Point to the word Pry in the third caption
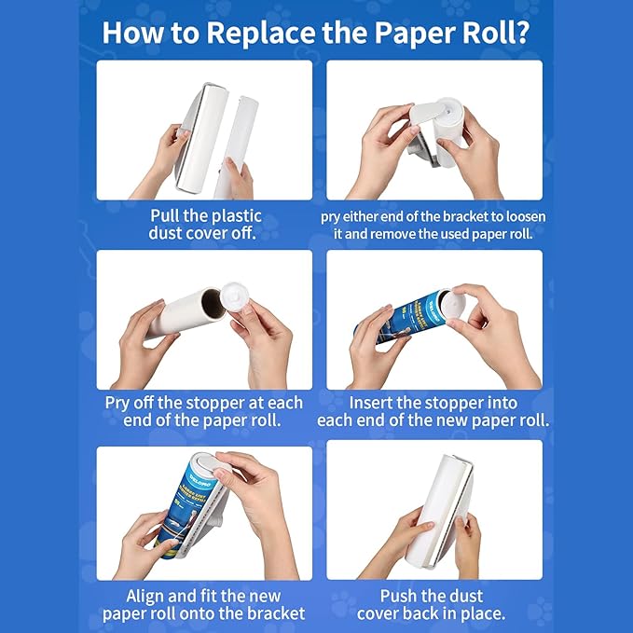click(x=120, y=403)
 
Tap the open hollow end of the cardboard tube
click(x=213, y=302)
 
